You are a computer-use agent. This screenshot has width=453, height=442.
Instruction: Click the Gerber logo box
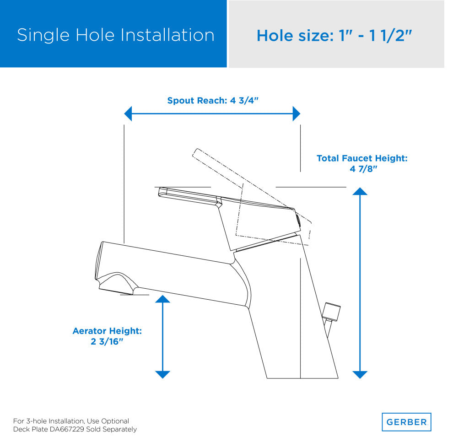(x=406, y=422)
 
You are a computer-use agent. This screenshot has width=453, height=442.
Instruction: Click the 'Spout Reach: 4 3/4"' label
(x=213, y=101)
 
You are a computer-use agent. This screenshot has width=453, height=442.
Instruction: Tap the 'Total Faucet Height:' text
(x=362, y=158)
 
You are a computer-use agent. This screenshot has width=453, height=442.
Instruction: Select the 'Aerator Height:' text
(x=107, y=331)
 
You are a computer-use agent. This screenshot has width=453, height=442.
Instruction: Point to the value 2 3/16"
(x=107, y=341)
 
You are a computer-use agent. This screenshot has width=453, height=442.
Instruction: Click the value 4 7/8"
(x=363, y=169)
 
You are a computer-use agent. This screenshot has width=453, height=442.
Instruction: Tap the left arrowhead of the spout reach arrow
(x=128, y=113)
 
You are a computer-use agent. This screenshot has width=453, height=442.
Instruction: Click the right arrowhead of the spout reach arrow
(x=297, y=113)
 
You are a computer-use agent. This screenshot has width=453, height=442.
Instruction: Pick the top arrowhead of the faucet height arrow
(x=360, y=191)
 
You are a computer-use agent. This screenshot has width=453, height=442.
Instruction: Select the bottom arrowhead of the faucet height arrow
(x=360, y=375)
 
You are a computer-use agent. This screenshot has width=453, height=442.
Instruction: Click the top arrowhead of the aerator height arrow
(x=162, y=299)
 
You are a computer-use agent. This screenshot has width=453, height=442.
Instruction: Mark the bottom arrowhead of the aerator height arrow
(x=162, y=375)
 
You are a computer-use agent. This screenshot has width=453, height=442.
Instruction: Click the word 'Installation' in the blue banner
(x=167, y=35)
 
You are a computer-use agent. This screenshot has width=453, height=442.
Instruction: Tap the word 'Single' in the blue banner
(x=43, y=36)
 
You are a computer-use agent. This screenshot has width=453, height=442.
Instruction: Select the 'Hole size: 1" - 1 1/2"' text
(x=334, y=36)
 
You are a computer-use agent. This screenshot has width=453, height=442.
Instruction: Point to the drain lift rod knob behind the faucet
(x=332, y=312)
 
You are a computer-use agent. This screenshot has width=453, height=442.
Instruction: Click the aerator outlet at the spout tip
(x=116, y=291)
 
